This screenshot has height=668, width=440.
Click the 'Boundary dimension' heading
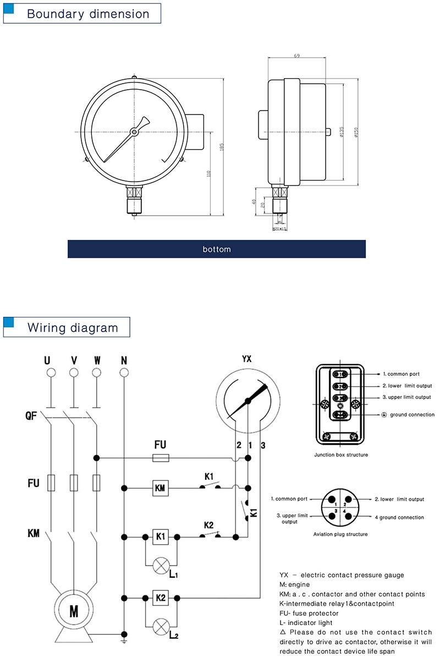point(88,14)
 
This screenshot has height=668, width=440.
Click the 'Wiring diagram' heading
point(73,328)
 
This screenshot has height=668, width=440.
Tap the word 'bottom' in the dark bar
point(217,249)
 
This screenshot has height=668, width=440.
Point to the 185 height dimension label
point(222,148)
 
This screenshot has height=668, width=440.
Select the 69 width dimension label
point(297,57)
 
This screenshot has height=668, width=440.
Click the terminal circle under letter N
point(124,373)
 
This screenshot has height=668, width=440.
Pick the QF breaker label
point(31,416)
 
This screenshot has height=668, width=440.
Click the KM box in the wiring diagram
point(159,487)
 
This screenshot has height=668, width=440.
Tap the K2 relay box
point(159,598)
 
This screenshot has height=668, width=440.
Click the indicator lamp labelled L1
point(161,565)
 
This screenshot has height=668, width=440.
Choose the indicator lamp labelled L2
point(161,627)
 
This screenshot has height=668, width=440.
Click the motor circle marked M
point(74,610)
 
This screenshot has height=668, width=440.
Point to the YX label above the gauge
point(247,359)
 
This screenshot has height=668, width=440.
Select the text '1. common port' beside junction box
point(401,374)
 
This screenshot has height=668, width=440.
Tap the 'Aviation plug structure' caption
point(340,534)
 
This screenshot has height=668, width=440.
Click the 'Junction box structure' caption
point(341,455)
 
